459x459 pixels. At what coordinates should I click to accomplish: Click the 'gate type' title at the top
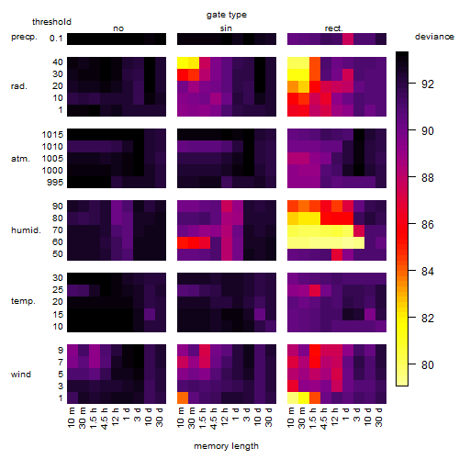227,15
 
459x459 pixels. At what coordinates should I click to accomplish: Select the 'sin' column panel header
226,28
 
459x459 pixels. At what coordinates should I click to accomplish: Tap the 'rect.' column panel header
333,28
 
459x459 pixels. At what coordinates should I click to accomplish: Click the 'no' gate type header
118,28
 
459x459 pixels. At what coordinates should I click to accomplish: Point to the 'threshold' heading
51,22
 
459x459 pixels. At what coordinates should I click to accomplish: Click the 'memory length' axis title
226,446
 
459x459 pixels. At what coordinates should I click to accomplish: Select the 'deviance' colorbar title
434,37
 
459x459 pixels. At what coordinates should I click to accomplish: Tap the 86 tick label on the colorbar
428,225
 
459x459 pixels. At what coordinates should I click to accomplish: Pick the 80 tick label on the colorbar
428,364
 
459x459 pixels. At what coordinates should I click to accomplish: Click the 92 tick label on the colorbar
428,84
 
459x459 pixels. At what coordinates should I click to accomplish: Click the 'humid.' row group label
26,230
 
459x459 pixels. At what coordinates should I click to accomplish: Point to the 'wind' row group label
21,375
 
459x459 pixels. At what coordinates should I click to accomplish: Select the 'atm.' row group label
20,159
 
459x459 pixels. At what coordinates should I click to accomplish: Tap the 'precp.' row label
24,37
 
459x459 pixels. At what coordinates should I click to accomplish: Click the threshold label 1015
52,135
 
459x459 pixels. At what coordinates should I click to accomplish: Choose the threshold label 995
55,183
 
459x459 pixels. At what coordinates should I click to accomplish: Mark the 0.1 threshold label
56,39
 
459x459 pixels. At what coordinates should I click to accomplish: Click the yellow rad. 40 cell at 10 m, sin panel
183,63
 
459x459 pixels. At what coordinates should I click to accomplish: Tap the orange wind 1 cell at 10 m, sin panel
183,397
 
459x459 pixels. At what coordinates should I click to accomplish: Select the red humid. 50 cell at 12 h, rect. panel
337,254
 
